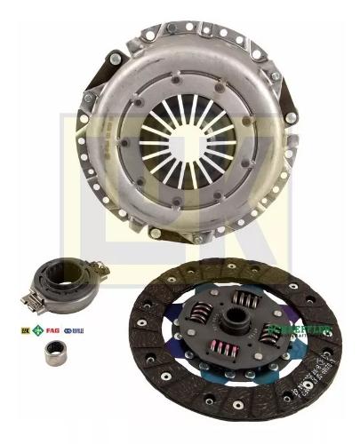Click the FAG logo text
[x=52, y=330]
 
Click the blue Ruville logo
[x=74, y=330]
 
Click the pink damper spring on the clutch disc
[x=223, y=347]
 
